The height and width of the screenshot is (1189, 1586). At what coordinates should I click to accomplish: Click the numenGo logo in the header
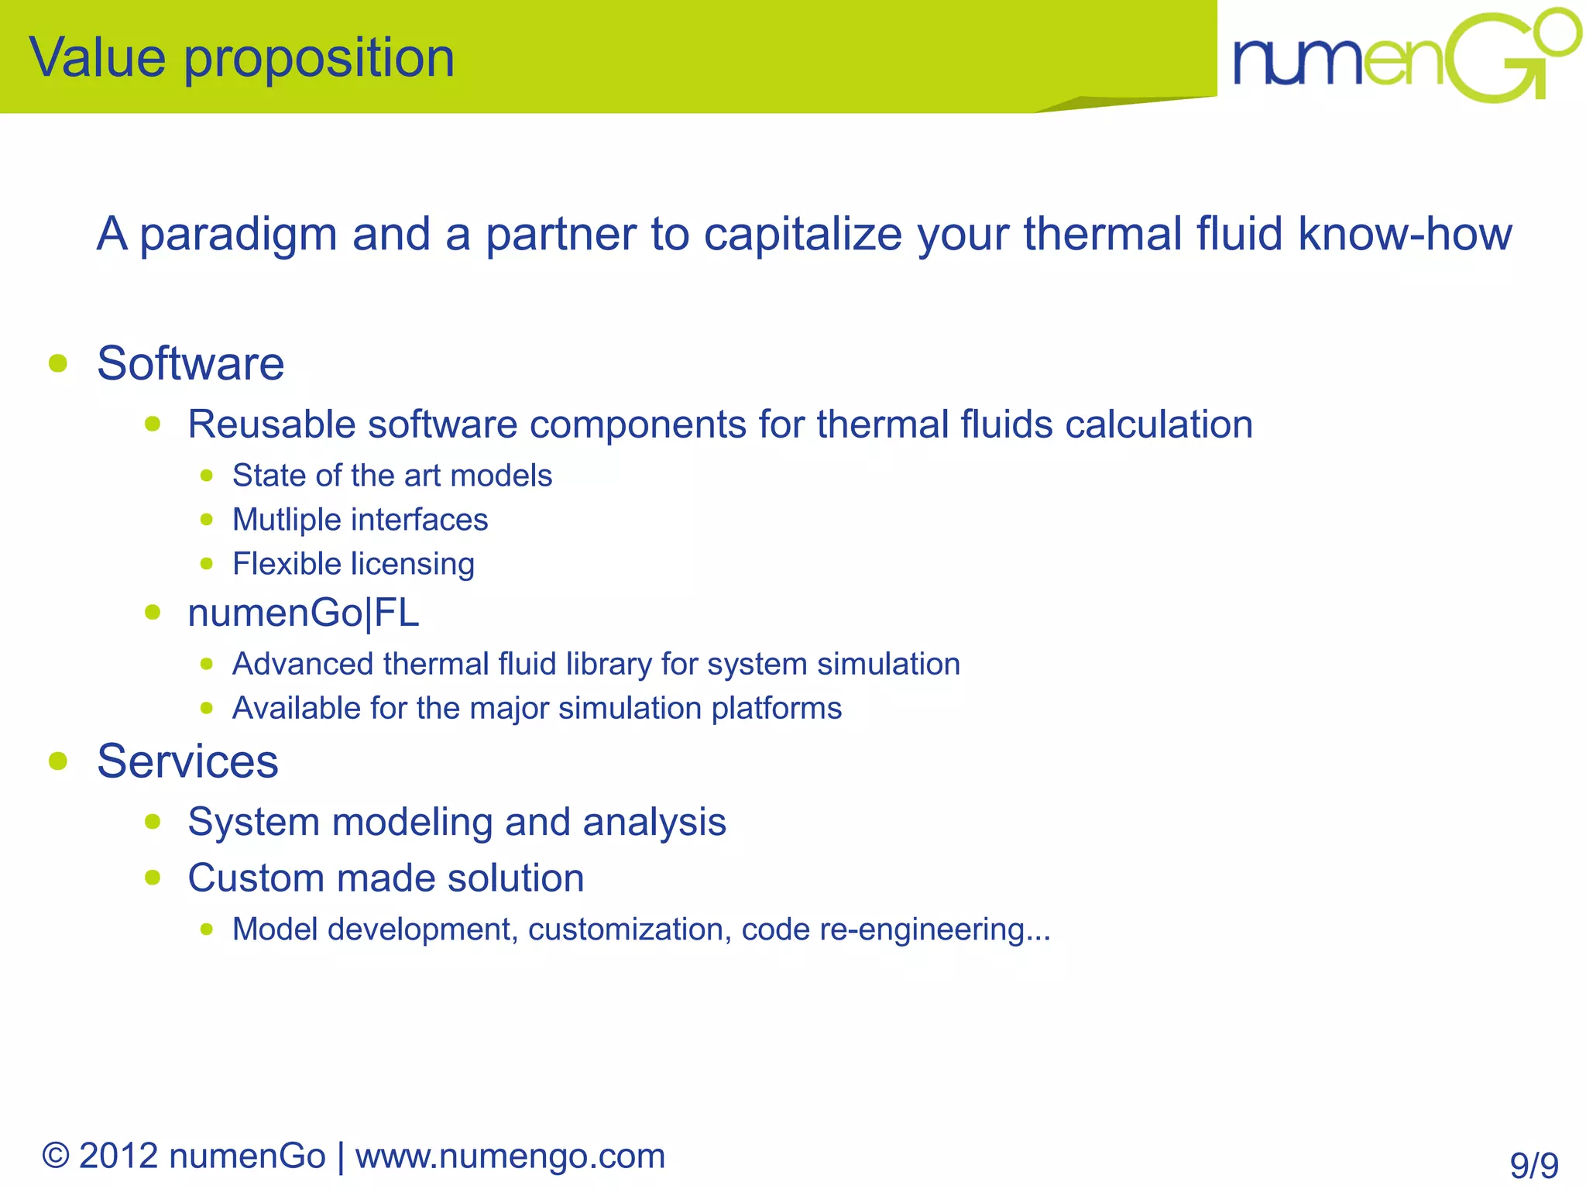point(1406,57)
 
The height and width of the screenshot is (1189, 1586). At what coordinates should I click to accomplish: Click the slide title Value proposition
point(242,58)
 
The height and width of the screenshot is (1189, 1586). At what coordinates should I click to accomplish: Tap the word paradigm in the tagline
point(239,234)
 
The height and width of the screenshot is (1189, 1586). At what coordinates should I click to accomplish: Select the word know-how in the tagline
point(1405,233)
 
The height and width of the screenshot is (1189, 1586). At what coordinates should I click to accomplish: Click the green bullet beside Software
point(58,363)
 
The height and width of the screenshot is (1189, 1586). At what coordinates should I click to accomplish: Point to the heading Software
point(191,363)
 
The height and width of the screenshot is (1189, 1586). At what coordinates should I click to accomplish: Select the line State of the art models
point(392,476)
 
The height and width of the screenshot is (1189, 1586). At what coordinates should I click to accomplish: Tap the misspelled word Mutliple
point(281,520)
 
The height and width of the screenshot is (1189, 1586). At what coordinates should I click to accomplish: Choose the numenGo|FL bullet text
point(303,613)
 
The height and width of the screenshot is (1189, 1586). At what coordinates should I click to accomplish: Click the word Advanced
point(302,664)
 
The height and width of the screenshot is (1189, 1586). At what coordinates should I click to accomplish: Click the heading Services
point(187,761)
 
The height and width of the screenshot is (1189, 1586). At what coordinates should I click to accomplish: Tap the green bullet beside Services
point(58,761)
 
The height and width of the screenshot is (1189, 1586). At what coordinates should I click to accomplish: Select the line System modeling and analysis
point(457,822)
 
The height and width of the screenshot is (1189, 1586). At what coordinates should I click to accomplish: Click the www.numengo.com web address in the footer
point(510,1156)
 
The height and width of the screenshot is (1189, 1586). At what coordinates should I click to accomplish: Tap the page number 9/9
point(1533,1165)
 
